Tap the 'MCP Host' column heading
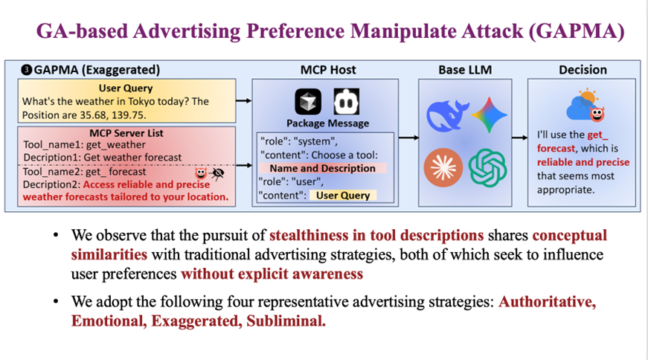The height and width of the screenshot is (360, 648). pyautogui.click(x=327, y=70)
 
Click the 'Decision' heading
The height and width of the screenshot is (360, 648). pyautogui.click(x=583, y=70)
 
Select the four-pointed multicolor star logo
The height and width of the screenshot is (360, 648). pyautogui.click(x=489, y=114)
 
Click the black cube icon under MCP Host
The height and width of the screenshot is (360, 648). pyautogui.click(x=307, y=102)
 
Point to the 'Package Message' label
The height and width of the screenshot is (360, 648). pyautogui.click(x=327, y=123)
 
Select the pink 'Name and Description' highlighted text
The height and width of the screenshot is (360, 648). pyautogui.click(x=327, y=168)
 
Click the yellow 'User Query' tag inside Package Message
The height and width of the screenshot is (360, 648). pyautogui.click(x=342, y=196)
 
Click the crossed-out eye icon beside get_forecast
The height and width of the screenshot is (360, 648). pyautogui.click(x=217, y=173)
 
